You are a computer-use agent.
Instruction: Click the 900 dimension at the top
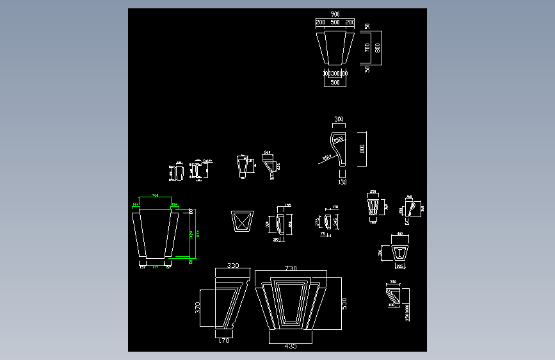[335, 13]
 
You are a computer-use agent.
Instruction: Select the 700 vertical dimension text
[367, 48]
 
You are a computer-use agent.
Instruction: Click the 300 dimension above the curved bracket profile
[339, 119]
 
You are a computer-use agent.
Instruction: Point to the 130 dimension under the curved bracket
[341, 182]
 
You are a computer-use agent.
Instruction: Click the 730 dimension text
[291, 267]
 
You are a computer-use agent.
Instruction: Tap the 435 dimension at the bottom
[290, 347]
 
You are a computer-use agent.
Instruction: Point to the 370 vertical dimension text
[199, 309]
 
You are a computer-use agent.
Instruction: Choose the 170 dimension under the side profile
[224, 341]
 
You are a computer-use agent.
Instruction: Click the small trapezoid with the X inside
[241, 221]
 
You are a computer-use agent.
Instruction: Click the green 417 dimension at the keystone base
[154, 266]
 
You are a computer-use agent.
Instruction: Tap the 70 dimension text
[323, 234]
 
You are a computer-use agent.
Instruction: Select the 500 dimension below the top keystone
[335, 83]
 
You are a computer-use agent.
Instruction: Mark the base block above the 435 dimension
[291, 336]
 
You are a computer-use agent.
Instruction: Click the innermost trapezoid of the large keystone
[291, 302]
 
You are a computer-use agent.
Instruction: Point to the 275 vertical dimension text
[318, 222]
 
